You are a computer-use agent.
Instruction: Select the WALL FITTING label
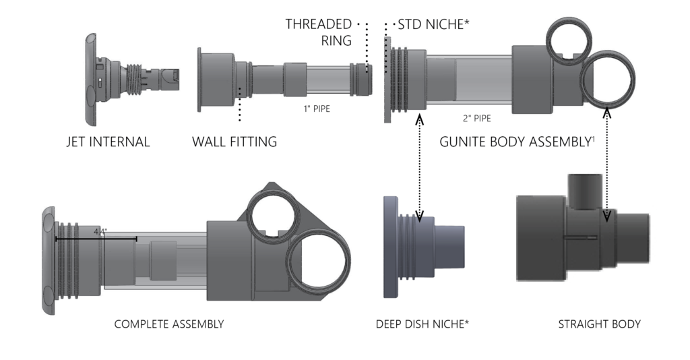click(x=234, y=142)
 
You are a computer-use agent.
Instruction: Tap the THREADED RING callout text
click(x=319, y=32)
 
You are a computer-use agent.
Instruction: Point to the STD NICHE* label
click(x=433, y=25)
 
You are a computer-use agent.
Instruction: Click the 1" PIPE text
click(x=317, y=108)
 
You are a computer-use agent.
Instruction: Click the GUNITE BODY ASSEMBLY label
click(x=515, y=142)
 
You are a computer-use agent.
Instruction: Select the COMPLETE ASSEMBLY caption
click(x=169, y=324)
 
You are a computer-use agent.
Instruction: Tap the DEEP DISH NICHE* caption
click(x=422, y=324)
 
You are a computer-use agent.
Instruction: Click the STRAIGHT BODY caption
click(x=599, y=324)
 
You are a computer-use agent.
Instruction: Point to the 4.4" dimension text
click(x=100, y=231)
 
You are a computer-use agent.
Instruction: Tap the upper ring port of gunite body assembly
click(x=568, y=39)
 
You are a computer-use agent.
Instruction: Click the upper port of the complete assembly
click(x=273, y=212)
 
